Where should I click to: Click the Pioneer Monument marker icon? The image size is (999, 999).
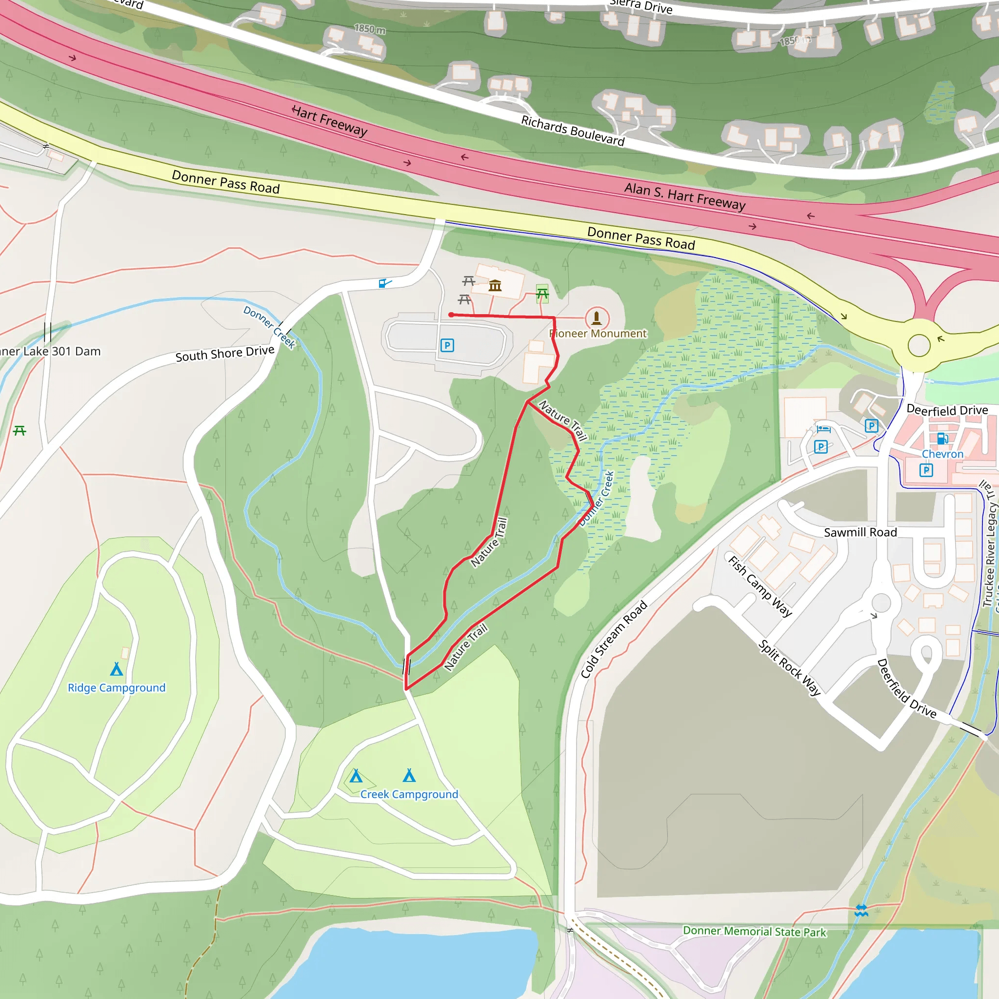pyautogui.click(x=597, y=317)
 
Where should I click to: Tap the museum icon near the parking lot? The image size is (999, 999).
pyautogui.click(x=495, y=285)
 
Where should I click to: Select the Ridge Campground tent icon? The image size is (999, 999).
pyautogui.click(x=117, y=669)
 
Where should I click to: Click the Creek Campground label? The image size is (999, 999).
pyautogui.click(x=409, y=794)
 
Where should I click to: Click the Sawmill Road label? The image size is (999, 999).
pyautogui.click(x=860, y=532)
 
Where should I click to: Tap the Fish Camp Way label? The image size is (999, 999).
pyautogui.click(x=759, y=586)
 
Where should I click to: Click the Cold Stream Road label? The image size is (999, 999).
pyautogui.click(x=614, y=639)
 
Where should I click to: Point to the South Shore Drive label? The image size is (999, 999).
pyautogui.click(x=224, y=354)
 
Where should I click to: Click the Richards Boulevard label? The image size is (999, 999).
pyautogui.click(x=572, y=130)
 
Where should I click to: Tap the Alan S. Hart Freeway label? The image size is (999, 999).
pyautogui.click(x=684, y=197)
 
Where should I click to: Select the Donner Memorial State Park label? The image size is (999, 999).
pyautogui.click(x=755, y=931)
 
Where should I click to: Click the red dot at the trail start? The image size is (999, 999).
pyautogui.click(x=451, y=315)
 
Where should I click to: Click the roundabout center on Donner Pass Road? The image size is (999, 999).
pyautogui.click(x=919, y=345)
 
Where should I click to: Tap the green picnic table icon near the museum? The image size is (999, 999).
pyautogui.click(x=542, y=293)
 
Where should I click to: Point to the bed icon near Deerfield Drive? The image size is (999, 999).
pyautogui.click(x=824, y=428)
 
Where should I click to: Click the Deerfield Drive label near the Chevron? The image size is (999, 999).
pyautogui.click(x=947, y=410)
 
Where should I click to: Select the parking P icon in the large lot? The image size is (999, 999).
pyautogui.click(x=447, y=345)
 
